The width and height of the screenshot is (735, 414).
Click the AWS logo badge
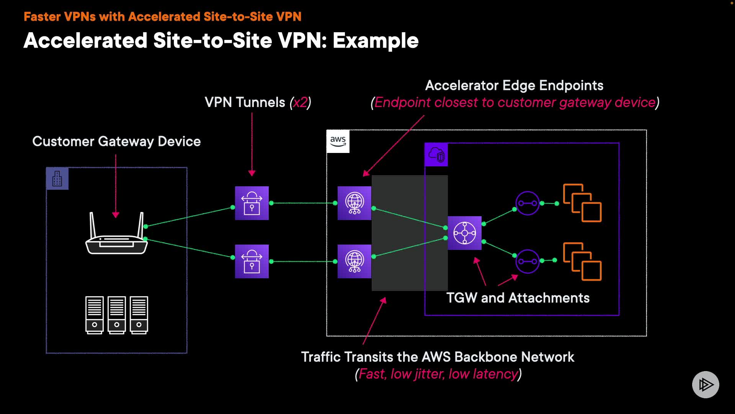tap(338, 141)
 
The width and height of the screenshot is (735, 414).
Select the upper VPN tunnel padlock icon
tap(252, 203)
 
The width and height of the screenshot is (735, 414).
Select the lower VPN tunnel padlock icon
tap(252, 261)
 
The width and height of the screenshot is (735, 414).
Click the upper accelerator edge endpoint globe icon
tap(354, 203)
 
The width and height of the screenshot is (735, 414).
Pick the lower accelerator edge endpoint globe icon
tap(354, 261)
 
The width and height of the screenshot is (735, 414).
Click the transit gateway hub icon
tap(464, 233)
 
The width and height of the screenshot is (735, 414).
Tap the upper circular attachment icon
tap(527, 203)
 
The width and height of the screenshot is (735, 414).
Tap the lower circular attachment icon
tap(527, 261)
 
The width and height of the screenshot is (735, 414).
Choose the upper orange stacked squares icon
tap(582, 203)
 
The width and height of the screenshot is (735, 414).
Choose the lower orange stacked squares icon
tap(582, 261)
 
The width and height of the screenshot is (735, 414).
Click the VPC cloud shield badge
tap(436, 155)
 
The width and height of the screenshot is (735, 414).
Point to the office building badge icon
tap(57, 179)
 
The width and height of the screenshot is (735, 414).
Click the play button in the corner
tap(705, 384)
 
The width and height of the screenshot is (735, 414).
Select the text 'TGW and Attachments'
tap(518, 298)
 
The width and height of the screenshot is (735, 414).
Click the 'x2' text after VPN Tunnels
tap(300, 102)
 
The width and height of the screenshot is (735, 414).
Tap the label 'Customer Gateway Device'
tap(116, 141)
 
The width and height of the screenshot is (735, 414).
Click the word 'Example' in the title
tap(375, 41)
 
